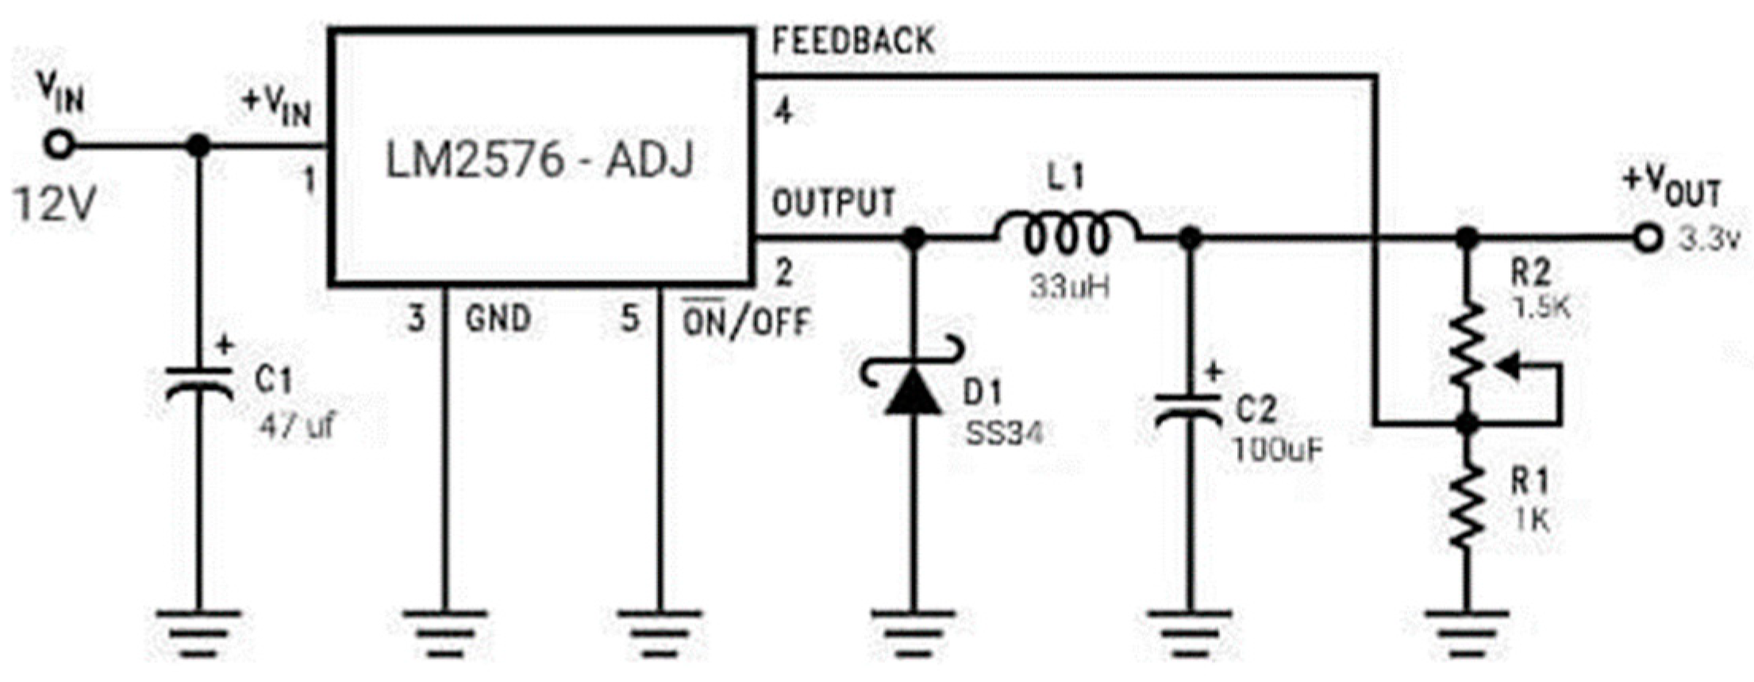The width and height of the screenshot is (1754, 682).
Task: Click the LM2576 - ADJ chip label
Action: (540, 159)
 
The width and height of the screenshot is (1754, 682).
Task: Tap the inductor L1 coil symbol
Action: (1067, 235)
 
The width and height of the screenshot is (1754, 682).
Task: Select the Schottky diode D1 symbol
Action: (913, 390)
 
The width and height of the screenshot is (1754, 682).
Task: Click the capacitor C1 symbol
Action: (198, 383)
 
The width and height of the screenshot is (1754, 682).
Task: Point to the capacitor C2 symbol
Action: (1188, 409)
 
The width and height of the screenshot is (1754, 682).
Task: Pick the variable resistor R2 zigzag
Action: (1467, 345)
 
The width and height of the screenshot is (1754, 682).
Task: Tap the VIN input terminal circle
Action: (59, 145)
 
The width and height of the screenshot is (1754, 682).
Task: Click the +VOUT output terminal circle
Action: (1648, 237)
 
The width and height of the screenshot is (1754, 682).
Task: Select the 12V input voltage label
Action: (54, 205)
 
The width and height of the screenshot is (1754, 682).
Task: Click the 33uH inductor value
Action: (1069, 287)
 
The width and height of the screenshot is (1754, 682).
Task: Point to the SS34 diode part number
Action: (1002, 433)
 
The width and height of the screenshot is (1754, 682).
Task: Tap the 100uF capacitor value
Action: (1277, 450)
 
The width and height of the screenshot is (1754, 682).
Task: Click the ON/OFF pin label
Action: (746, 322)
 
